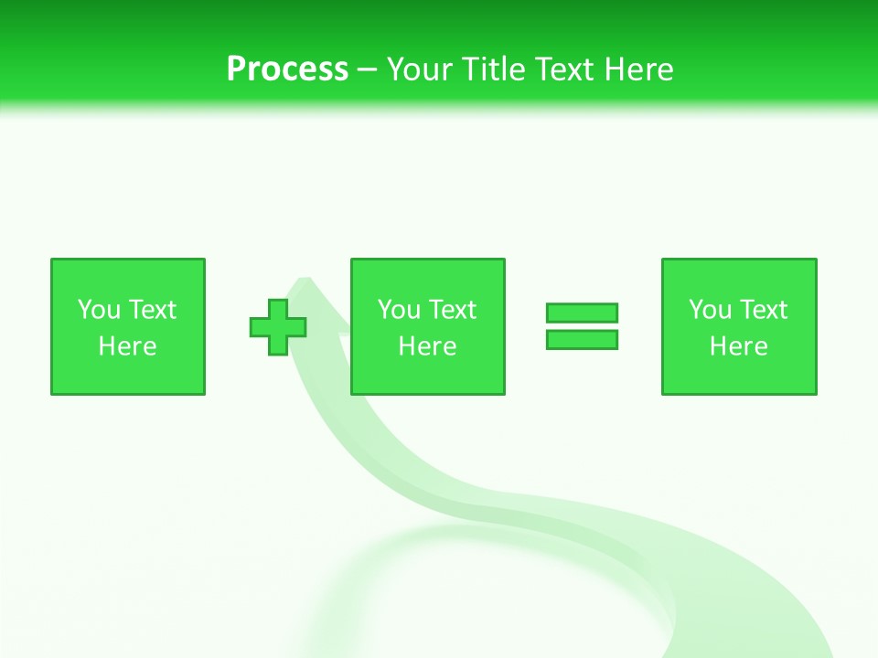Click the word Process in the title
click(287, 69)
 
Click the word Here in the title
click(640, 69)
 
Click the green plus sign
click(278, 327)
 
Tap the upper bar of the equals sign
click(582, 313)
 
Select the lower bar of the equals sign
click(582, 339)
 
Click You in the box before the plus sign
click(100, 310)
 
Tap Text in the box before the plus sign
click(151, 310)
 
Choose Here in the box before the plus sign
click(127, 346)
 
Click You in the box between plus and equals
click(400, 310)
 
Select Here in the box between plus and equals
click(427, 346)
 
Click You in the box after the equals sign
click(711, 310)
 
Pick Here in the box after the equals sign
click(738, 346)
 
